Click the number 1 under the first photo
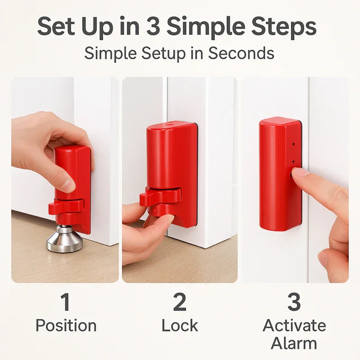point(65,302)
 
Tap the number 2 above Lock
point(180,302)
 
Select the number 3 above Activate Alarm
point(294,302)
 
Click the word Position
point(66,325)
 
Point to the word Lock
point(180,325)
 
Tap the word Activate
point(294,325)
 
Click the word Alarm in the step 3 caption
point(294,343)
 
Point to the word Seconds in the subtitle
point(241,53)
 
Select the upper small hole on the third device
point(293,145)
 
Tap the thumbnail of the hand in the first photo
point(68,184)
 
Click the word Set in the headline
point(57,27)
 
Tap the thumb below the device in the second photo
point(160,222)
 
